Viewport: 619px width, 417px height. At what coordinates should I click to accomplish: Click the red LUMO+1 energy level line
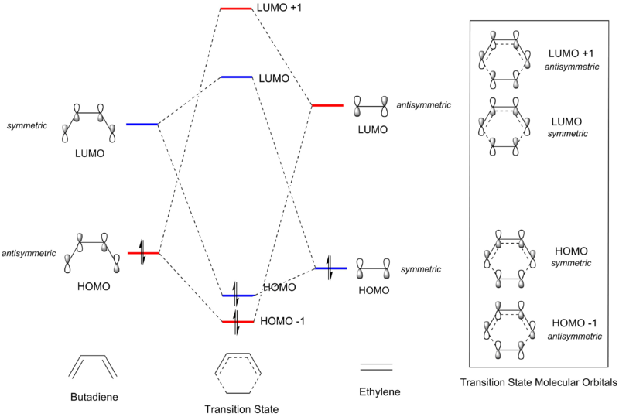pos(237,9)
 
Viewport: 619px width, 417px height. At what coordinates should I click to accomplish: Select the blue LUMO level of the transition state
pos(237,77)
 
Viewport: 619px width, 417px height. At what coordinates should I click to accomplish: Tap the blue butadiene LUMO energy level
pos(142,124)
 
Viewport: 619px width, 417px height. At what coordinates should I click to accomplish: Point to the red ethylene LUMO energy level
pos(328,105)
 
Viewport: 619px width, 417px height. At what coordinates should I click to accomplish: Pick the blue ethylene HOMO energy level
pos(331,268)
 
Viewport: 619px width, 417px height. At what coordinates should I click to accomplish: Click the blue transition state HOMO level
pos(237,295)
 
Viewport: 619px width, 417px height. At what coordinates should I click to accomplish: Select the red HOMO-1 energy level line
pos(237,321)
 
